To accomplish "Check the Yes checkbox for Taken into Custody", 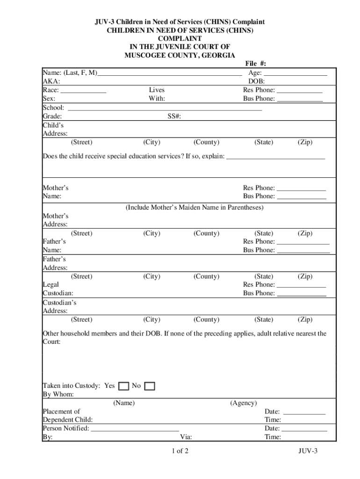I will pyautogui.click(x=123, y=386).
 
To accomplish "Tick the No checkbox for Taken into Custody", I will pyautogui.click(x=150, y=386).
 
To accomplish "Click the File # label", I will pyautogui.click(x=256, y=64).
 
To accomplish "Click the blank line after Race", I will pyautogui.click(x=84, y=91).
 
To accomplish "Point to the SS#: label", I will pyautogui.click(x=174, y=116).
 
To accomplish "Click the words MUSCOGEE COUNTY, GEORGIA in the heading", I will pyautogui.click(x=180, y=56).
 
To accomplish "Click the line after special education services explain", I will pyautogui.click(x=275, y=157).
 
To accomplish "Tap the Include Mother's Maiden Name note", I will pyautogui.click(x=194, y=207).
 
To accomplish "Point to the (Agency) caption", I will pyautogui.click(x=243, y=403).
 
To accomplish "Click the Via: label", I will pyautogui.click(x=186, y=437).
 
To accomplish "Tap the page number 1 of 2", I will pyautogui.click(x=180, y=451).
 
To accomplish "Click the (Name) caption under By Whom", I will pyautogui.click(x=124, y=403).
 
